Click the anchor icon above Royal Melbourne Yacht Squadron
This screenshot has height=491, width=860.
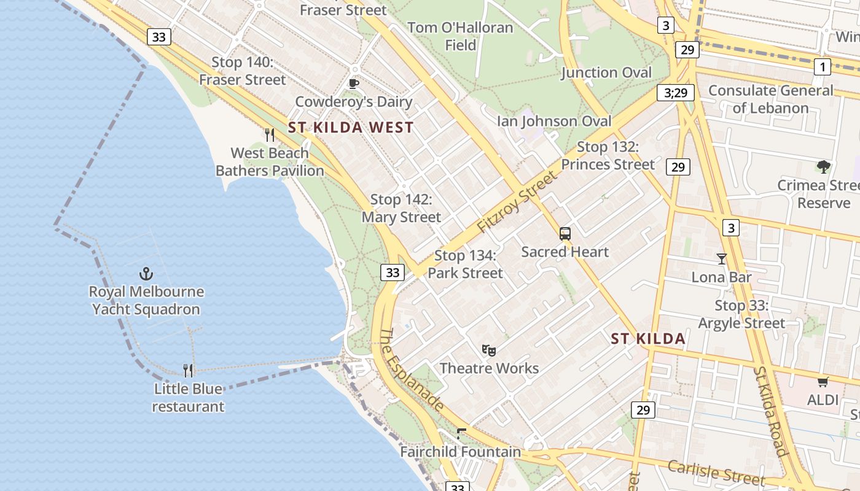coord(146,274)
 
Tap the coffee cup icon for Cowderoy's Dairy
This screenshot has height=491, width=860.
coord(353,83)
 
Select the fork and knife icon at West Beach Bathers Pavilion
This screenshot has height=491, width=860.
coord(270,134)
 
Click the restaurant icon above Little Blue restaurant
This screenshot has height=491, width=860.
coord(188,370)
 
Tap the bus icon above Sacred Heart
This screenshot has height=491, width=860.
coord(565,234)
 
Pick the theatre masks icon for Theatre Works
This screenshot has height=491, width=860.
coord(489,350)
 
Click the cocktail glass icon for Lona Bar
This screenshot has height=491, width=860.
coord(722,259)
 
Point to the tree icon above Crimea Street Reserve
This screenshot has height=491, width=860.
coord(823,166)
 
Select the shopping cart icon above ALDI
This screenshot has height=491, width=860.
coord(823,382)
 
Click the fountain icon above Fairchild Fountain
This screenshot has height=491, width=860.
coord(461,434)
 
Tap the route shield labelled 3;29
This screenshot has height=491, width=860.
coord(675,93)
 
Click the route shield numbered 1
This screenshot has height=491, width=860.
coord(822,66)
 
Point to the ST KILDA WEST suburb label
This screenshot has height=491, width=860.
coord(351,128)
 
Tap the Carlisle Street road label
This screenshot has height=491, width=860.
coord(716,473)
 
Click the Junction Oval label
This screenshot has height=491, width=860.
coord(606,72)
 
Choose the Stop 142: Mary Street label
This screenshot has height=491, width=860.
coord(401,209)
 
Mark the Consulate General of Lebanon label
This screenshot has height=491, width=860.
coord(771,99)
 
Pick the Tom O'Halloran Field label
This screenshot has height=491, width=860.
coord(460,36)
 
